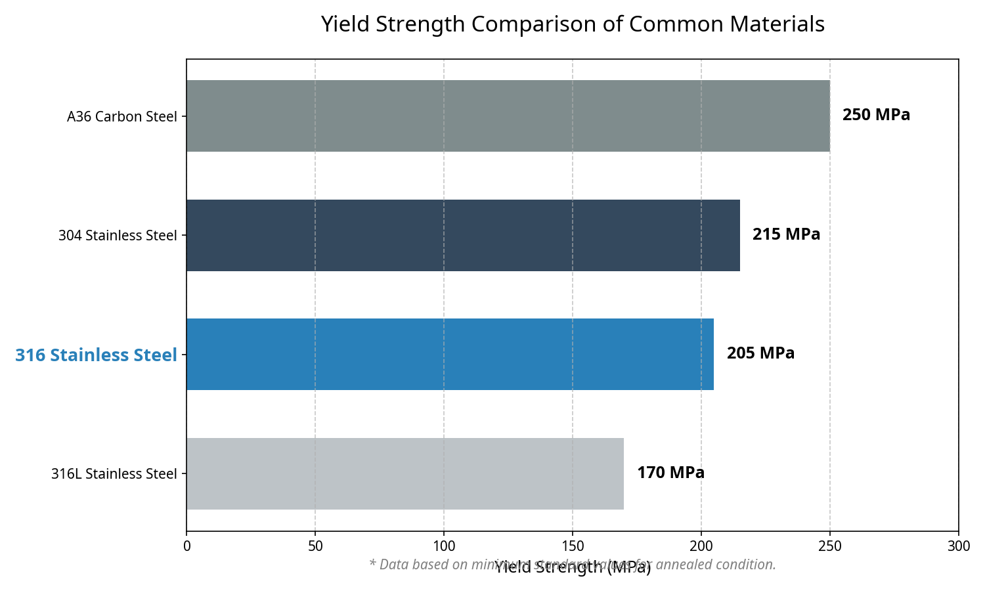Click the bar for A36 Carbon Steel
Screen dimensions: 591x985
point(508,116)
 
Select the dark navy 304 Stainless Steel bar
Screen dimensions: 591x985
point(463,235)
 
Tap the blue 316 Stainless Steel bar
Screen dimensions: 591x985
point(450,355)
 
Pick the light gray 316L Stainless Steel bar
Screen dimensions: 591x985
point(405,473)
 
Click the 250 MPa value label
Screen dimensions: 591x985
point(876,115)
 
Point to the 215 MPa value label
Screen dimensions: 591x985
point(786,234)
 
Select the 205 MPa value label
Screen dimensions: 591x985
point(760,353)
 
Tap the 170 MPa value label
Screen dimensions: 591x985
point(670,473)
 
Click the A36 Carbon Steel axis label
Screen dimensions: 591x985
point(122,117)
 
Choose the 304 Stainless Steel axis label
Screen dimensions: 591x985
point(118,236)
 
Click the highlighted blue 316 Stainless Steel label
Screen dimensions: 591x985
point(96,355)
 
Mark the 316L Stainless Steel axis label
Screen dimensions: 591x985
point(114,474)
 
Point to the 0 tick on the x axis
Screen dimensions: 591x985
point(186,546)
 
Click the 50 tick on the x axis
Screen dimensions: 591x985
point(315,546)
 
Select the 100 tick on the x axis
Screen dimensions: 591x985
point(444,546)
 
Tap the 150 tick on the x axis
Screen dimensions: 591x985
point(573,546)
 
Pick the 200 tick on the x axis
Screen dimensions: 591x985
point(701,546)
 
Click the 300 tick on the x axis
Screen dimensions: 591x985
point(959,546)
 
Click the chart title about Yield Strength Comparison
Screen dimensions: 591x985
point(573,24)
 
